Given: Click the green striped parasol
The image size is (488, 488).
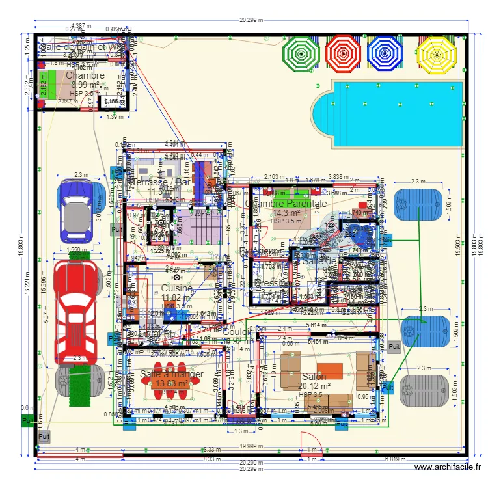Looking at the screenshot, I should (x=301, y=52).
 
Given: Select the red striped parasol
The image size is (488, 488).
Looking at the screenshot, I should (x=343, y=52).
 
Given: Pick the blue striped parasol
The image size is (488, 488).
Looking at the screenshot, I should (x=385, y=52).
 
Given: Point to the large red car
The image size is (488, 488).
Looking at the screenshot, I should (x=78, y=312).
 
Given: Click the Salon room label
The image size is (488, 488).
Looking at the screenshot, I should (x=314, y=377).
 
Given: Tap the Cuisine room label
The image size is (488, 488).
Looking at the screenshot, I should (x=176, y=288).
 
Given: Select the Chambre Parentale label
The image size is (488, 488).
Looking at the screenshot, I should (x=286, y=203).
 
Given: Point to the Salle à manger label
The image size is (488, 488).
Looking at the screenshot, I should (x=171, y=374).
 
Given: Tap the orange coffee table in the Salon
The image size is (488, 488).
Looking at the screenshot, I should (x=329, y=371).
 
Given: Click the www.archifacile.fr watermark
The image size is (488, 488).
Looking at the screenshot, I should (x=448, y=467).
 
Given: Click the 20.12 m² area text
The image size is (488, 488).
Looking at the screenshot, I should (x=314, y=386).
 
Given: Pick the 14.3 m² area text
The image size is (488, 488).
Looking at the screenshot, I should (x=286, y=213).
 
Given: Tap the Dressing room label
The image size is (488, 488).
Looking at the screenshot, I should (x=271, y=283).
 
